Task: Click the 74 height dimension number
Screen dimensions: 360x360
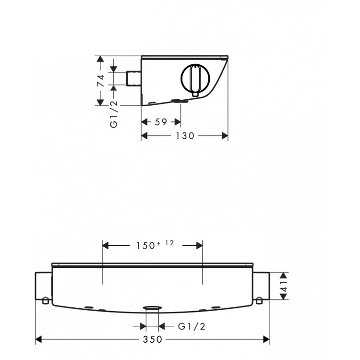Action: click(x=100, y=81)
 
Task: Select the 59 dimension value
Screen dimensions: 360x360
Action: click(x=161, y=122)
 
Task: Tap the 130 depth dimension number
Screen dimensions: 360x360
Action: click(x=184, y=136)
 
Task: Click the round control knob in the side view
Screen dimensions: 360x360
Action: click(x=194, y=79)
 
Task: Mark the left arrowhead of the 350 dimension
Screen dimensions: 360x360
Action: click(x=40, y=339)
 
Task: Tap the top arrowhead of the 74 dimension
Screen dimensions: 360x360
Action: click(x=100, y=59)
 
